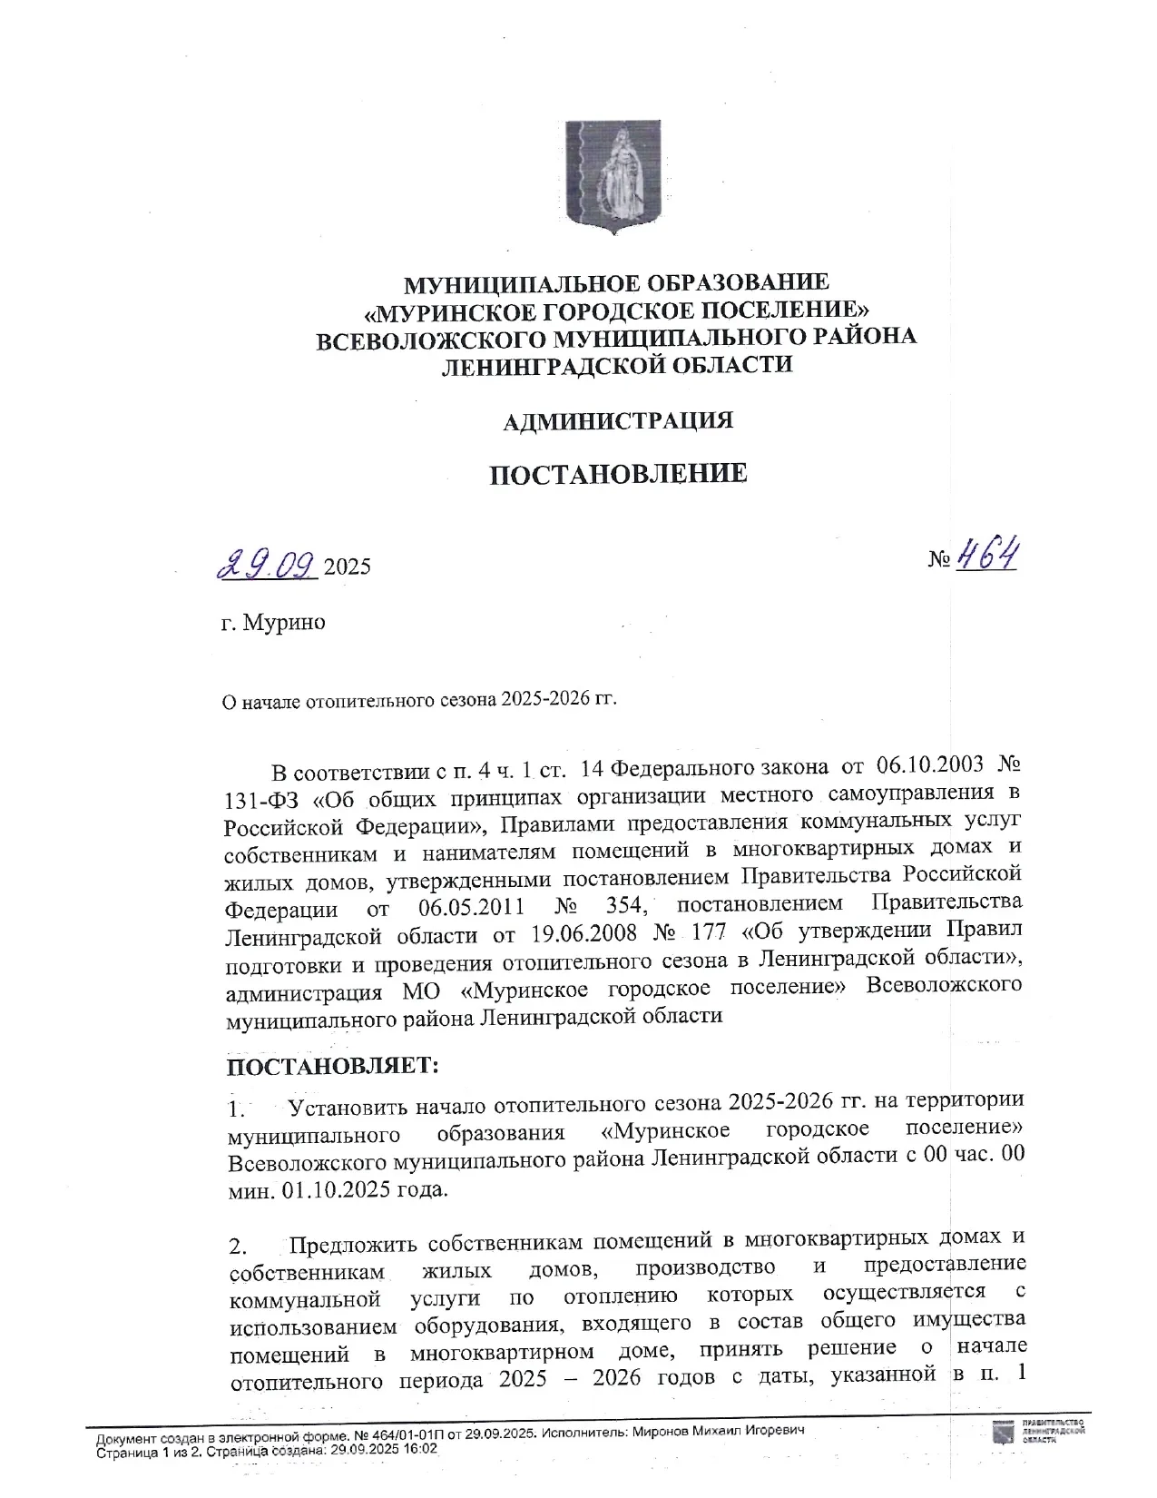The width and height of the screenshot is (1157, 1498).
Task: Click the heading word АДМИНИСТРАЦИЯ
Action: [x=618, y=421]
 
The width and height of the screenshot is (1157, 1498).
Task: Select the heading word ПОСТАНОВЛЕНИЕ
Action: [x=618, y=474]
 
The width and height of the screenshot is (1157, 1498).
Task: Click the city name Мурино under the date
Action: [x=284, y=623]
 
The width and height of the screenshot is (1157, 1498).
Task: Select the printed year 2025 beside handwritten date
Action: [x=348, y=567]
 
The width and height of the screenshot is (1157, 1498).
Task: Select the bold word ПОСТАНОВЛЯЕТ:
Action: [x=332, y=1066]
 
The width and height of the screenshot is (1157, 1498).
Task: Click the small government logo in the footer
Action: [x=1004, y=1434]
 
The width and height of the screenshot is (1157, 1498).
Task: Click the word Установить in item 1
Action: [x=348, y=1106]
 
